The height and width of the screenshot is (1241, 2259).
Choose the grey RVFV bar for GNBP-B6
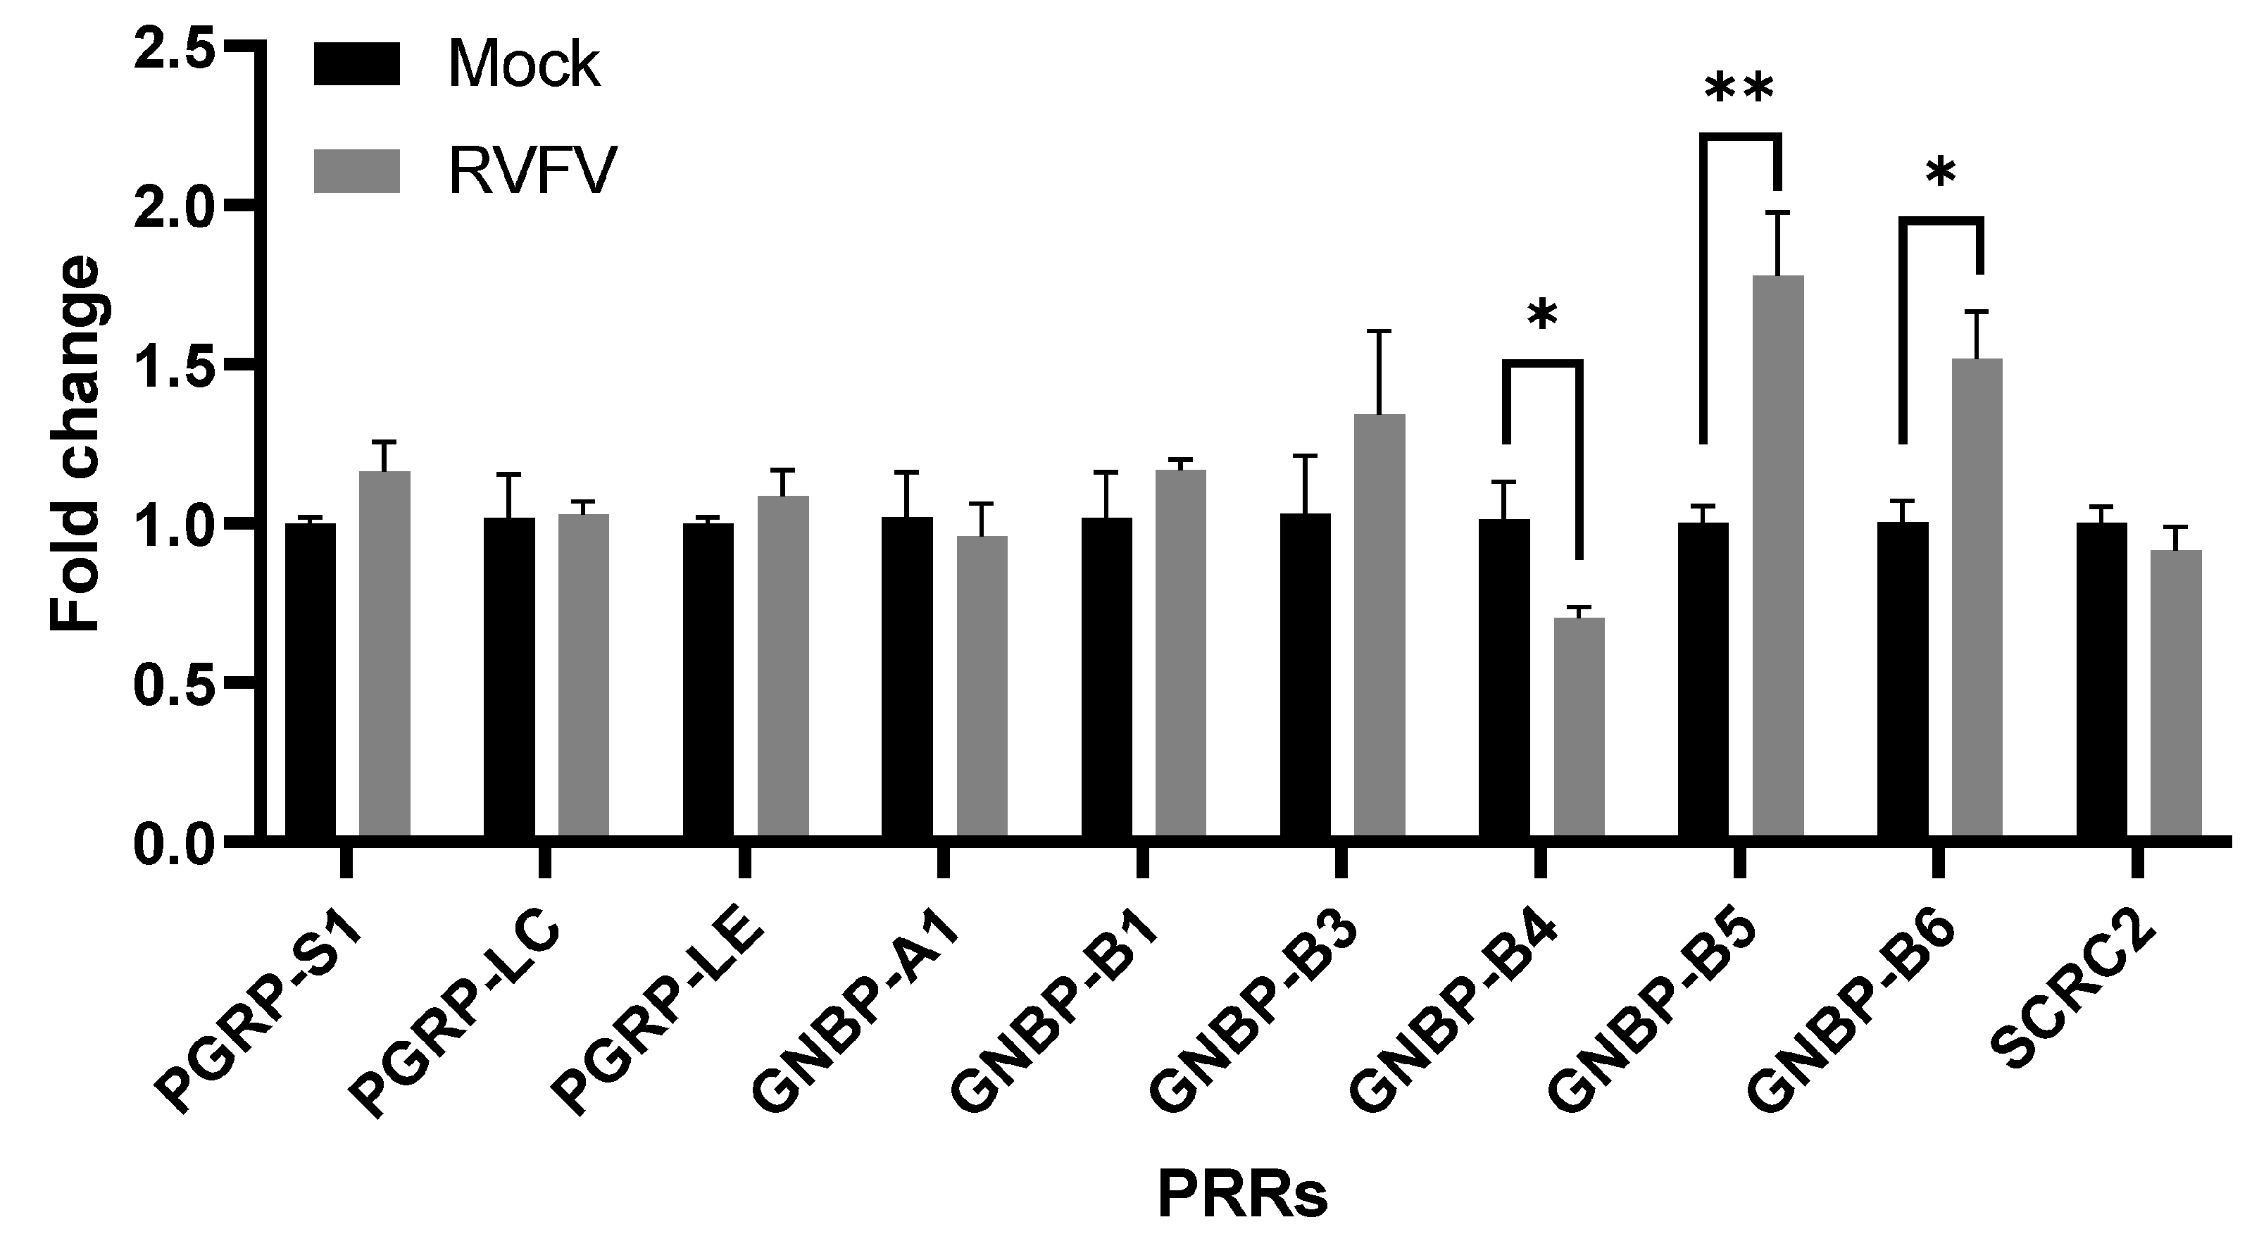(1977, 597)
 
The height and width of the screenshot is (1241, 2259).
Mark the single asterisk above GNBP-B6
(1940, 175)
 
